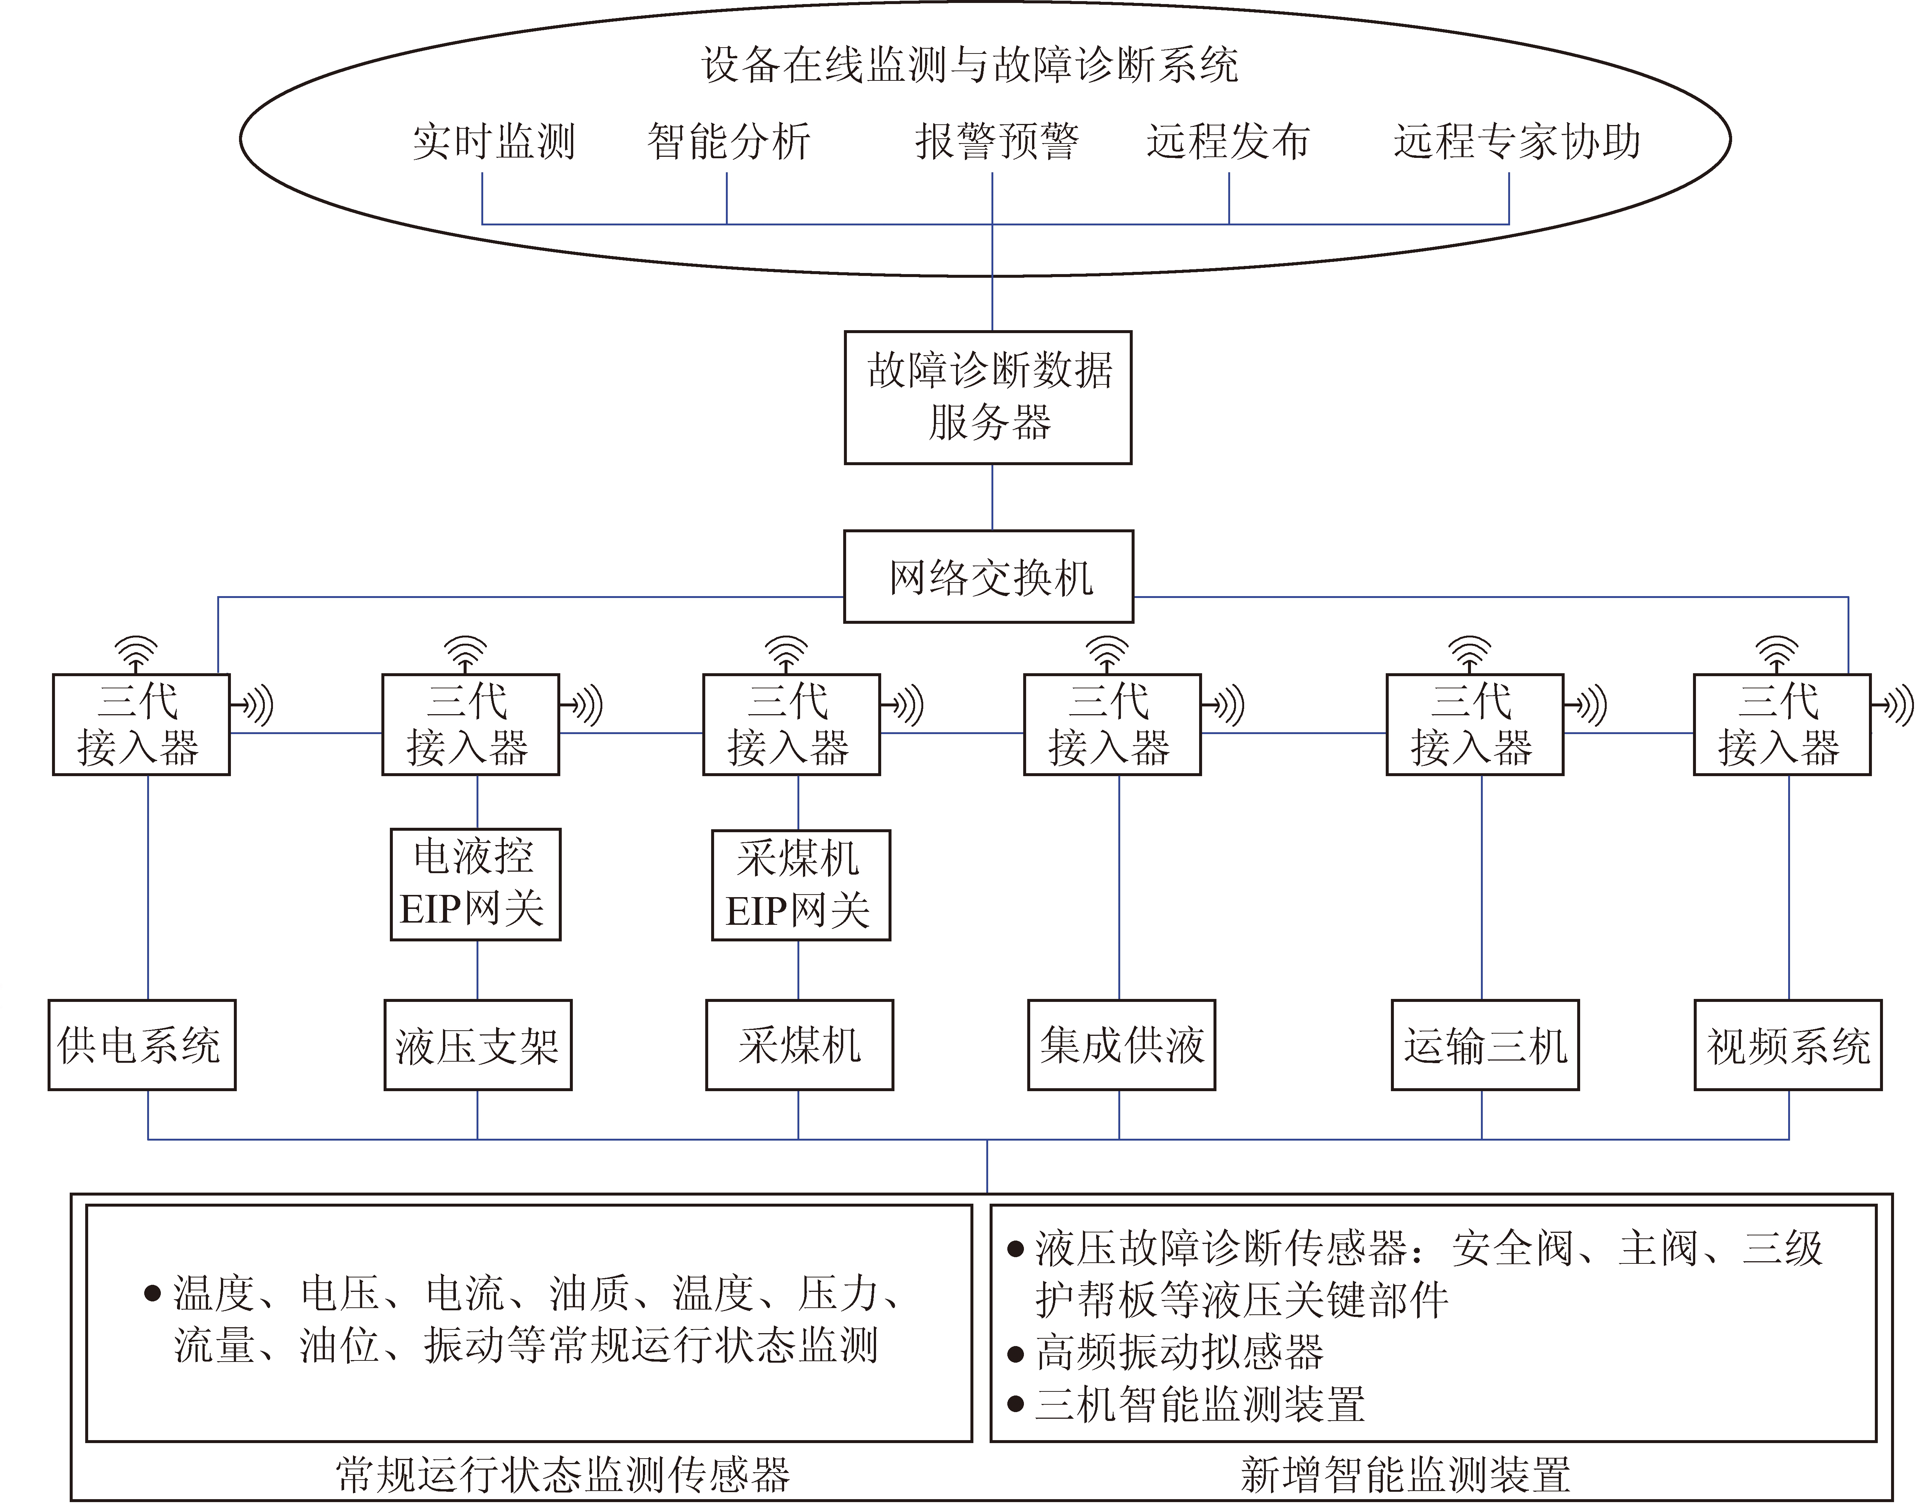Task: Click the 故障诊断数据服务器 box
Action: [x=988, y=397]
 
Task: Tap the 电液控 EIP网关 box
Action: [x=475, y=884]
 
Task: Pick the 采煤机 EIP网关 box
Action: [x=800, y=885]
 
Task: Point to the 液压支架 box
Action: [x=478, y=1044]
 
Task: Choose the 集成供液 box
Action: [x=1121, y=1044]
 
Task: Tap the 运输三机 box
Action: [x=1485, y=1044]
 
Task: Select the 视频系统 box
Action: [x=1787, y=1044]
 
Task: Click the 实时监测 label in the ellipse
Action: [x=494, y=141]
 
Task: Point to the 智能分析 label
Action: [x=728, y=141]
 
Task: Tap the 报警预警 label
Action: [x=997, y=141]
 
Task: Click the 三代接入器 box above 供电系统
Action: [x=141, y=724]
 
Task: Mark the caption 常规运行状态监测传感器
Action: [x=562, y=1474]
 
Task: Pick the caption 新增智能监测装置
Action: [x=1405, y=1474]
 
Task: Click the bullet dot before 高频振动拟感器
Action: [x=1016, y=1353]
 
